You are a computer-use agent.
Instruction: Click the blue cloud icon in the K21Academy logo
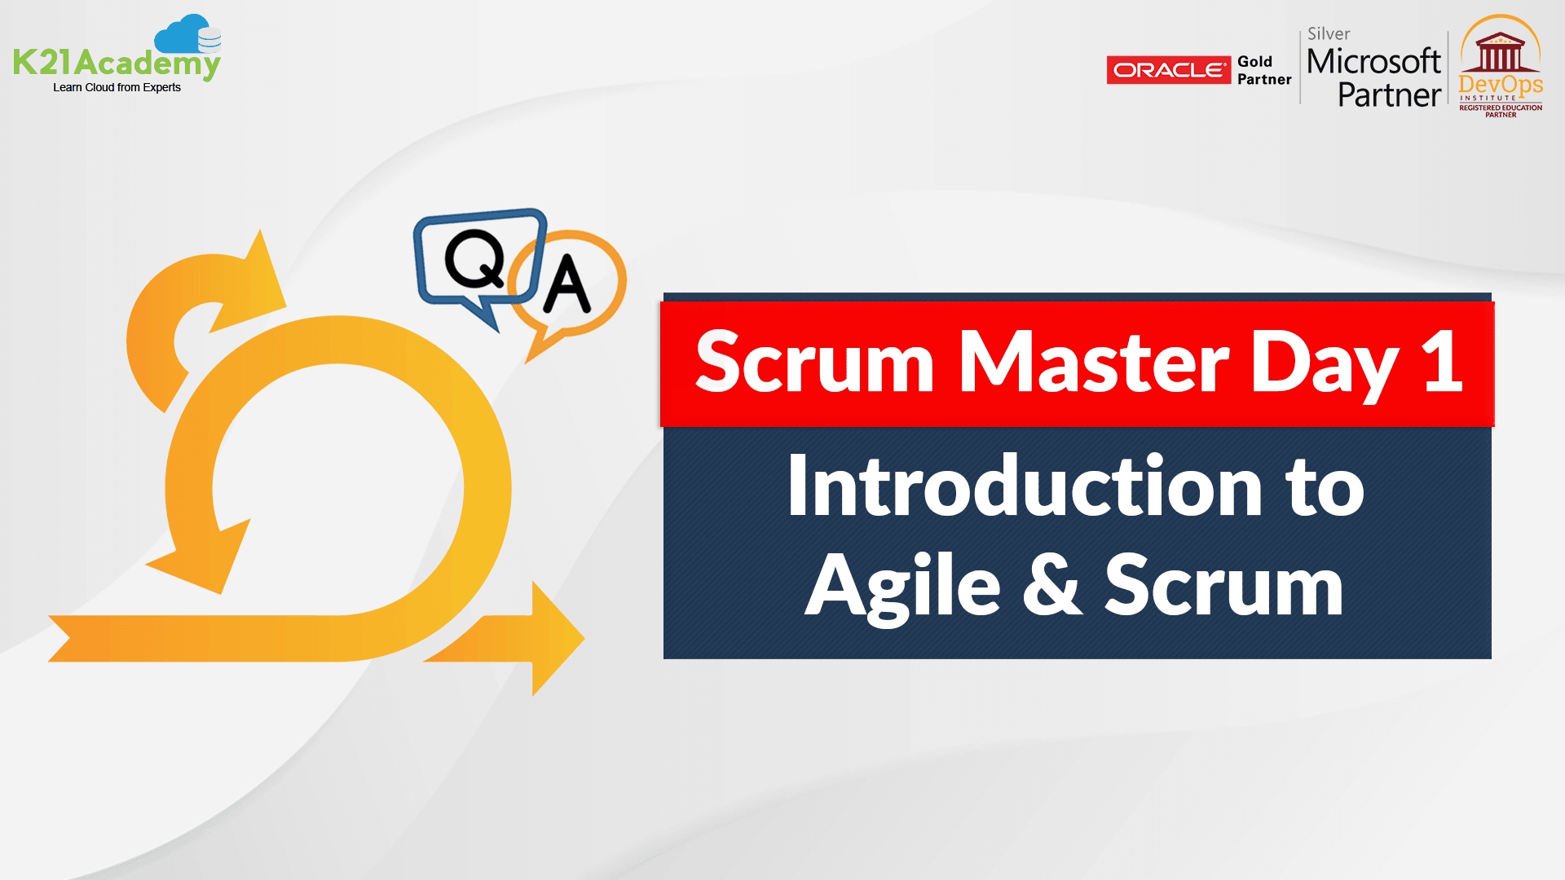(x=186, y=34)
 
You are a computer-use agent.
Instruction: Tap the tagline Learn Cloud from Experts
(x=117, y=87)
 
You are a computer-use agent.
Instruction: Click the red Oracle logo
(x=1168, y=70)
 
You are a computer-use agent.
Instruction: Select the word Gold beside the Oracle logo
(x=1254, y=61)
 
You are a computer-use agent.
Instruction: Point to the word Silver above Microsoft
(x=1329, y=34)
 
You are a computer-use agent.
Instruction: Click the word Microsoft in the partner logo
(x=1373, y=62)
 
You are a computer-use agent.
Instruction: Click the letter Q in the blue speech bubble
(x=475, y=259)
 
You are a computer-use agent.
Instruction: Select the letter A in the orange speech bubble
(x=566, y=284)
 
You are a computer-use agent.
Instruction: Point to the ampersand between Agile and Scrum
(x=1051, y=585)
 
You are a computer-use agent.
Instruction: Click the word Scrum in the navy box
(x=1223, y=585)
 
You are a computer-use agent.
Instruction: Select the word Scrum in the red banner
(x=813, y=363)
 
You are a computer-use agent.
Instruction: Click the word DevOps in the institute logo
(x=1501, y=85)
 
